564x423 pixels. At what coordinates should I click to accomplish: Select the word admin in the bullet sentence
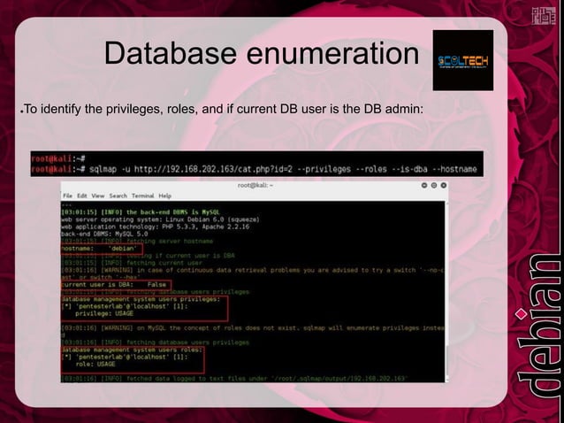click(404, 110)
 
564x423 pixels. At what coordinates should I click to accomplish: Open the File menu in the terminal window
click(67, 195)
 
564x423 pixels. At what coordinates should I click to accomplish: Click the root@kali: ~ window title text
click(256, 185)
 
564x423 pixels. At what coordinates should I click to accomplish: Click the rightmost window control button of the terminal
click(442, 185)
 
